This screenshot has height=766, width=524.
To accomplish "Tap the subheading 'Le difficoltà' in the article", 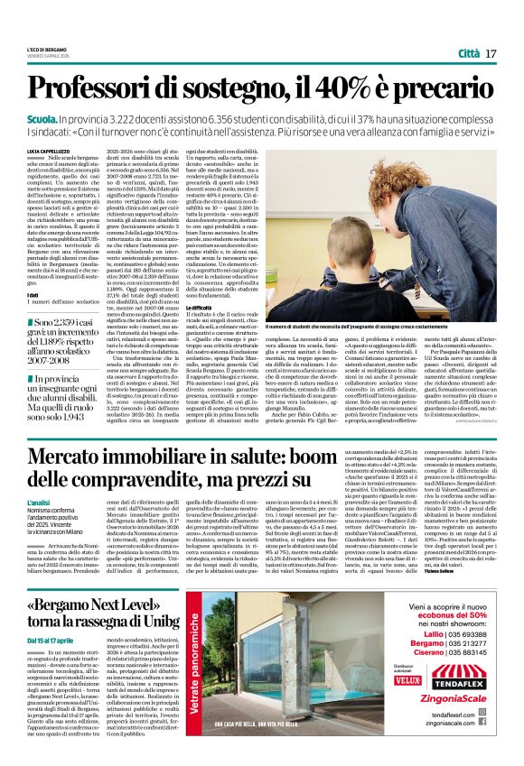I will click(x=186, y=307).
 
